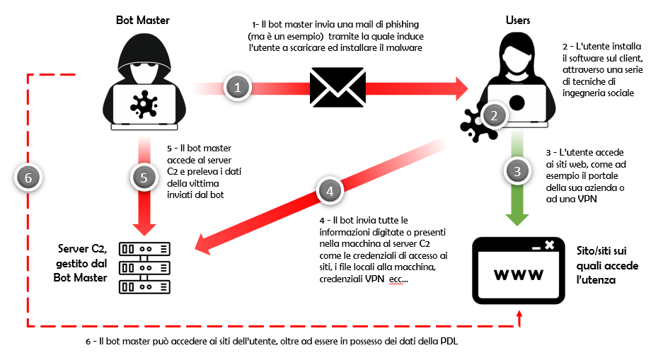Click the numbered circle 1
pos(238,88)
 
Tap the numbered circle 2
pos(494,115)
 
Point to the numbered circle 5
pos(144,178)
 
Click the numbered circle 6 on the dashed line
pos(28,178)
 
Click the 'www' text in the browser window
pos(519,274)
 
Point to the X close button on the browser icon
pos(549,245)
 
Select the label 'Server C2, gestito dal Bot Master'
pos(83,263)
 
